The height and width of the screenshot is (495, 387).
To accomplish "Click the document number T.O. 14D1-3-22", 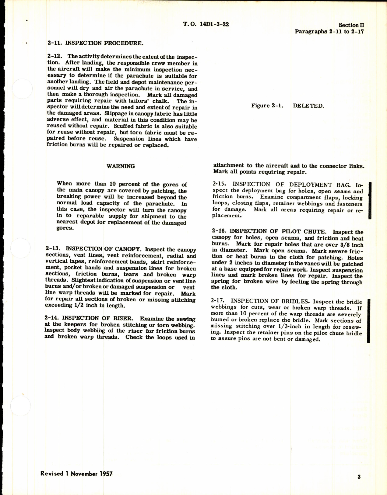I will [206, 24].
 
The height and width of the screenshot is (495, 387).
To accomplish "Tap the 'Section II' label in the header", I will [351, 25].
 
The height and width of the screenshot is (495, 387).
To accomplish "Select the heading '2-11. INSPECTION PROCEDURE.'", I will [95, 43].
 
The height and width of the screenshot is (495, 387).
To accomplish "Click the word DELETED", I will [308, 106].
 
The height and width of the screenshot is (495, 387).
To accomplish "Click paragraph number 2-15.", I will [220, 184].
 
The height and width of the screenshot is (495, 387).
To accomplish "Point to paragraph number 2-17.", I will [218, 301].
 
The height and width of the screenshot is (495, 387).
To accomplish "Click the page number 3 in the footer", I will [359, 477].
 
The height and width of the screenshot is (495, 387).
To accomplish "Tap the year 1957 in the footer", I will [105, 474].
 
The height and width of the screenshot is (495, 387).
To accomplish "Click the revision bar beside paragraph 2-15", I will [370, 201].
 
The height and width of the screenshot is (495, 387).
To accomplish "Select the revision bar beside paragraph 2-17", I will [369, 320].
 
